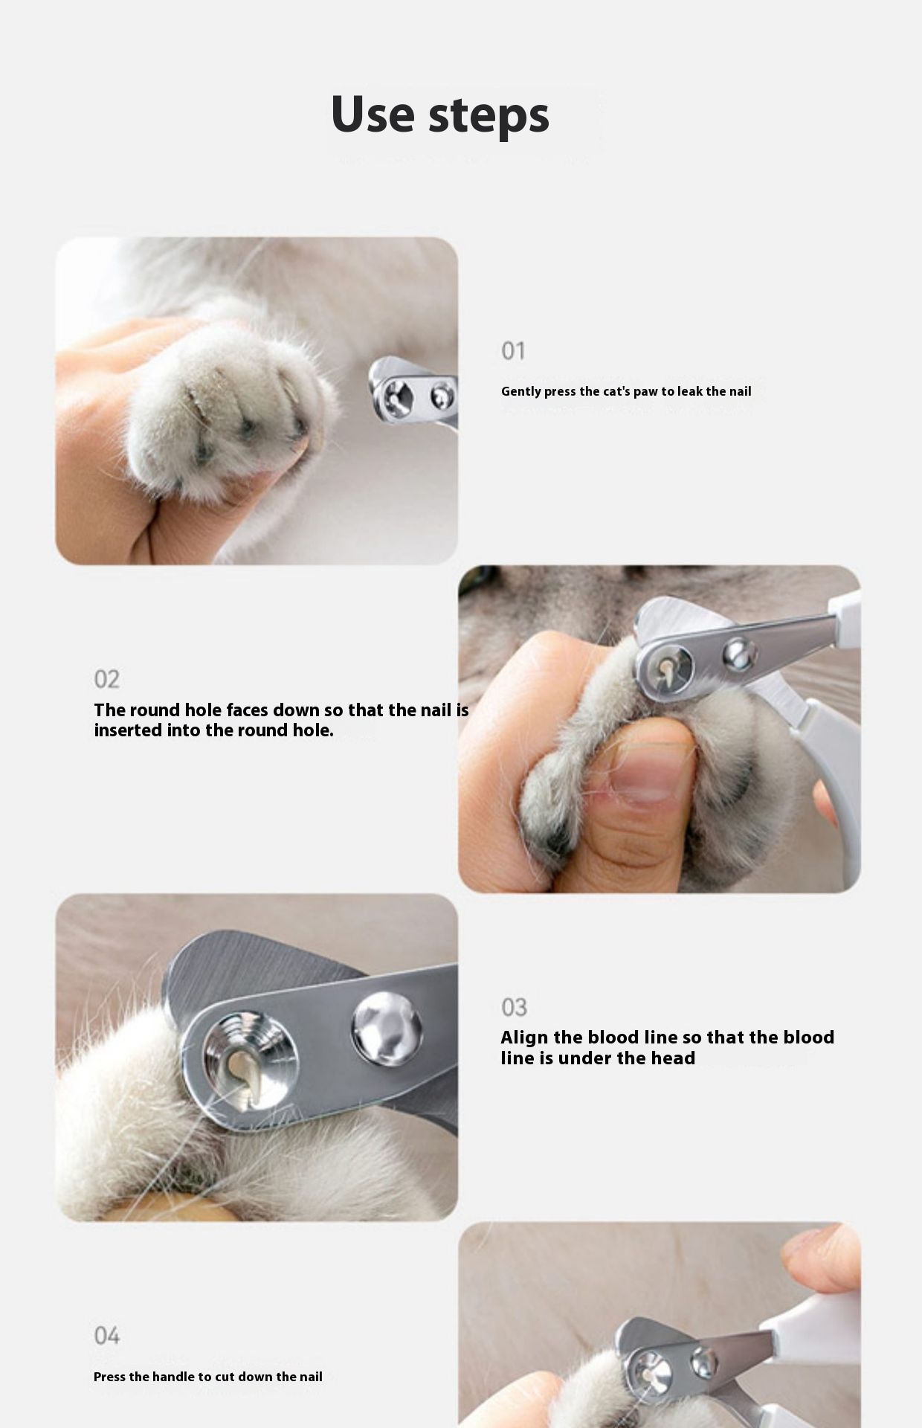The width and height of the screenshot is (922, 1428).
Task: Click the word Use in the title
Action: (x=373, y=115)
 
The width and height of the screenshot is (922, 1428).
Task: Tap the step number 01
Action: (x=513, y=350)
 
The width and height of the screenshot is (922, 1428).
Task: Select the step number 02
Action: (x=106, y=679)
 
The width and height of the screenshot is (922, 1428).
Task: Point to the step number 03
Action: (x=514, y=1007)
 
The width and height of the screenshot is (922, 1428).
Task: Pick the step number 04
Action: (x=106, y=1336)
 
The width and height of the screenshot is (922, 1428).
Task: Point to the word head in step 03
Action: (x=672, y=1058)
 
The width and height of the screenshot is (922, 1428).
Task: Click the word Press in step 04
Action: (x=109, y=1377)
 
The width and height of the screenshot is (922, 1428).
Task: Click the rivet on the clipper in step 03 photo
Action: (x=387, y=1029)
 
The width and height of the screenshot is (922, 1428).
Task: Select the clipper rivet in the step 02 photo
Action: (x=739, y=654)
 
